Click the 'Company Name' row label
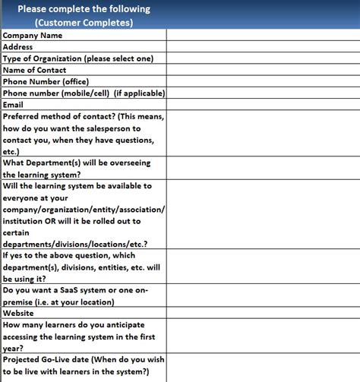point(33,35)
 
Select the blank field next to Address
point(263,46)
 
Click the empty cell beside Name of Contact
point(263,70)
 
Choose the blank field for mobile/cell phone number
point(263,93)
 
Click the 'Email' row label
point(14,105)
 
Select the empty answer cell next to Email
point(263,105)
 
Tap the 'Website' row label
point(19,313)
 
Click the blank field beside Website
point(263,313)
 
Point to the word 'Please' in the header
point(34,9)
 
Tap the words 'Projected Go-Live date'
point(49,359)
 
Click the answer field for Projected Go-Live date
point(263,365)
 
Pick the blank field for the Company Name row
point(263,35)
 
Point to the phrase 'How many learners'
point(42,324)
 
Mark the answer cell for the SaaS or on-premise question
point(263,295)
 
